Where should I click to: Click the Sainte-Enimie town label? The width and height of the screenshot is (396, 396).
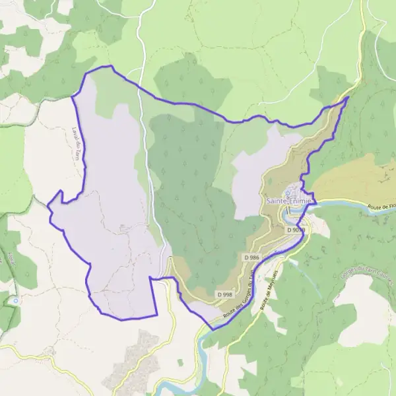click(289, 200)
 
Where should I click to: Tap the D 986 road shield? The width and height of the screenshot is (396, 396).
click(251, 257)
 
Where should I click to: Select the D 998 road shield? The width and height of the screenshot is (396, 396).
click(224, 294)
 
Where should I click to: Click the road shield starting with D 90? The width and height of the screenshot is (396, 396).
click(295, 230)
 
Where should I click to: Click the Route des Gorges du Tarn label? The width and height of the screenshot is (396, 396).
click(239, 299)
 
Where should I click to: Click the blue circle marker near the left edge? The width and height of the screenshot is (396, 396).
click(15, 300)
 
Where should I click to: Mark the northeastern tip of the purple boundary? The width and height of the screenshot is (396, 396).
click(348, 98)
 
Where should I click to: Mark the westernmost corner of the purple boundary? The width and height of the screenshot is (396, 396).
click(48, 205)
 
